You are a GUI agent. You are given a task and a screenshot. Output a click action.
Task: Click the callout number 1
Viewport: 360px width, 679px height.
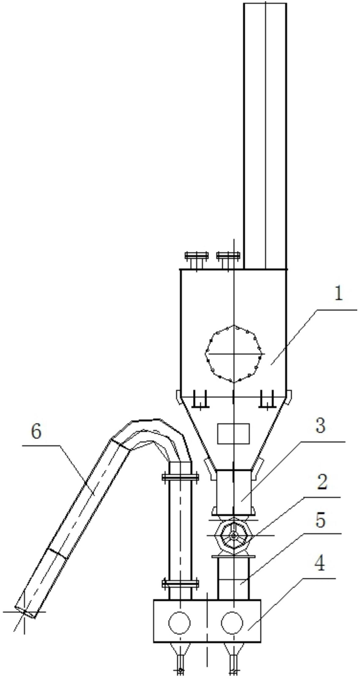click(x=338, y=294)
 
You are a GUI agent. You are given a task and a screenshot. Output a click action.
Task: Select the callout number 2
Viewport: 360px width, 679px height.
click(x=322, y=482)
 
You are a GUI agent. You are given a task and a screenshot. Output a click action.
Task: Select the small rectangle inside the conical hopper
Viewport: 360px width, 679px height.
click(x=233, y=434)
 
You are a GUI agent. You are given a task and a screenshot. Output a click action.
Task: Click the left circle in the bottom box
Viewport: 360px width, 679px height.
click(x=180, y=622)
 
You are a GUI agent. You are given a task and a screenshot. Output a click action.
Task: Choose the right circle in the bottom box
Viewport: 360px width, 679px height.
click(x=232, y=622)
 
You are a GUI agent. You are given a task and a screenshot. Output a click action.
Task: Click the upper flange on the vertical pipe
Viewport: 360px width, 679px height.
click(x=180, y=477)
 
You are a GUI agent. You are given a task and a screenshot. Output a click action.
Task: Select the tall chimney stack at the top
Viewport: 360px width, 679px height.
click(x=265, y=136)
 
